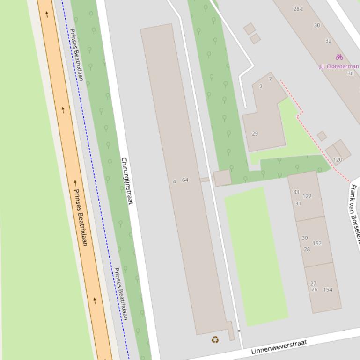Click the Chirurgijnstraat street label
[127, 181]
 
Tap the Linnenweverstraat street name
[279, 347]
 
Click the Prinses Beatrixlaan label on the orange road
[81, 217]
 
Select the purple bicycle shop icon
[339, 57]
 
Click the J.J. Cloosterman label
[339, 66]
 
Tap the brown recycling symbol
[215, 339]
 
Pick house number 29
[255, 134]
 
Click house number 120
[338, 160]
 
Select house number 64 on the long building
[185, 180]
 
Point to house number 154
[328, 290]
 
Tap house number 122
[307, 196]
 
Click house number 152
[317, 243]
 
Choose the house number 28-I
[298, 9]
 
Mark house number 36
[351, 73]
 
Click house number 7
[270, 79]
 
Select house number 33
[296, 192]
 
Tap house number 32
[328, 41]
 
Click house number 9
[261, 86]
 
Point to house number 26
[314, 290]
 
